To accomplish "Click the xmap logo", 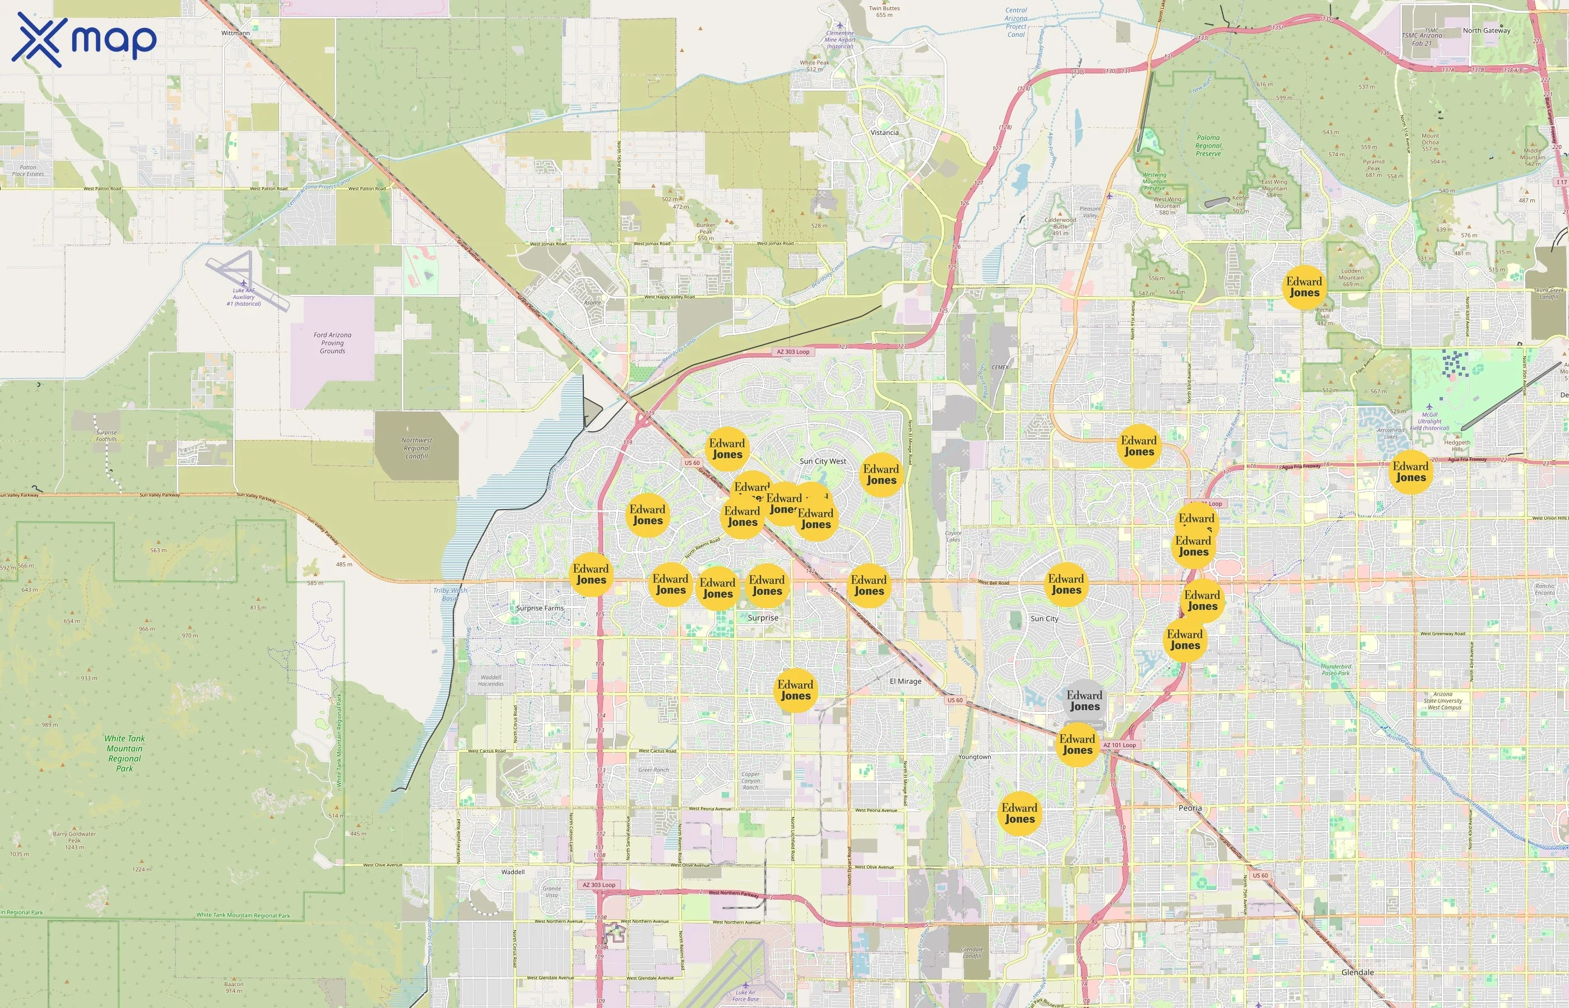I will point(84,39).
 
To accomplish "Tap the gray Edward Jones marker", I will point(1084,701).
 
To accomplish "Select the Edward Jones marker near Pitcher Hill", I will point(1304,287).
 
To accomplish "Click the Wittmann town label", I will point(235,32).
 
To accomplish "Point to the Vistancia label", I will point(884,132).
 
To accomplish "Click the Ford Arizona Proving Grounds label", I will point(332,343).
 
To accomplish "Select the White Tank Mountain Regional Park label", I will point(124,753).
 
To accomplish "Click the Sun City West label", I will point(823,461).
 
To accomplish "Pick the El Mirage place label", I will point(905,681).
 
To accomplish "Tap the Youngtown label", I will point(974,757).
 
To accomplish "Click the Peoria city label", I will point(1190,808).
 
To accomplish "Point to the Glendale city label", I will point(1358,972).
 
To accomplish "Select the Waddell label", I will point(513,872).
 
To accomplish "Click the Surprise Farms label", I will point(540,608).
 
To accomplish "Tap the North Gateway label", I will point(1487,31).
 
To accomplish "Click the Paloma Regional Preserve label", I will point(1208,145).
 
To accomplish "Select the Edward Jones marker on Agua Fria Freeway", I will point(1410,472).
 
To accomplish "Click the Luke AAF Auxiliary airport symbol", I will point(243,283).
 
